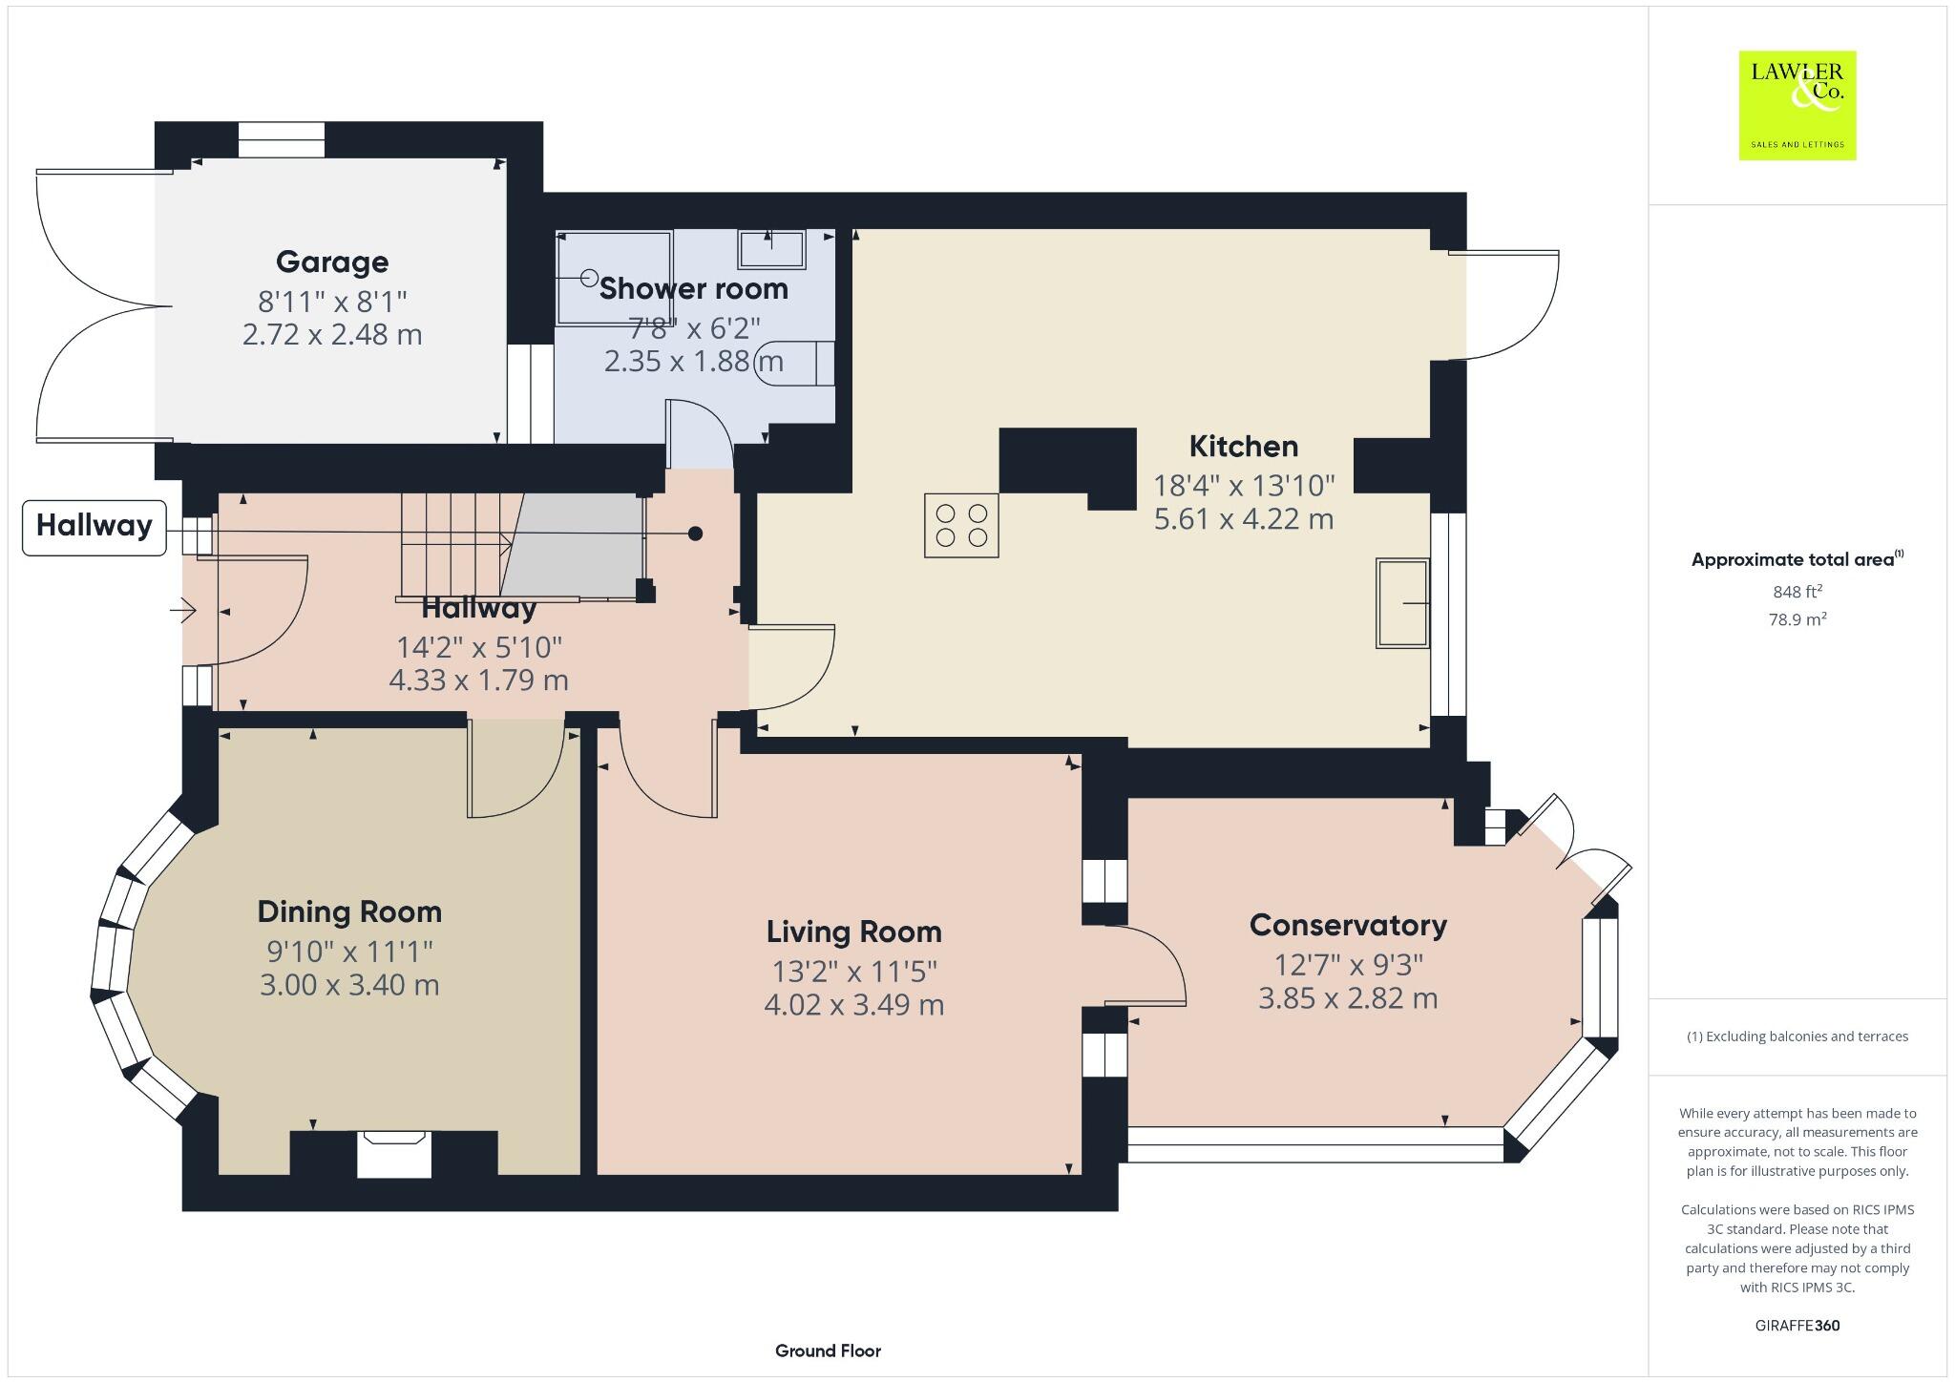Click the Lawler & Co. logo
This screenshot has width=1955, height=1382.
point(1797,105)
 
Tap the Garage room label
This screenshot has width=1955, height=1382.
point(332,262)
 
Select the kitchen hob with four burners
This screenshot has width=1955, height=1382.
point(961,525)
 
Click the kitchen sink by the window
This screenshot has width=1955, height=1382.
point(1402,603)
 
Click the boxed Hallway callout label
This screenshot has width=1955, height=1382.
point(94,526)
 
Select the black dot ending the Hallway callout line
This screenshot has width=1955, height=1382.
point(696,534)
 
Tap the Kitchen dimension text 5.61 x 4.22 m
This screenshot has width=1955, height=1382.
point(1243,519)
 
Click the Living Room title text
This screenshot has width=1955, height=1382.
point(853,932)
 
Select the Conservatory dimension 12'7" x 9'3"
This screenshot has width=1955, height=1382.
point(1348,965)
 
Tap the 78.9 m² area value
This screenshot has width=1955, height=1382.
point(1797,619)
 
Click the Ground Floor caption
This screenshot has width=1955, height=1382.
point(828,1351)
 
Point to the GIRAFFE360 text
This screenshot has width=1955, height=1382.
point(1797,1326)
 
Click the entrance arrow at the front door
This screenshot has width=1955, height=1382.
point(183,609)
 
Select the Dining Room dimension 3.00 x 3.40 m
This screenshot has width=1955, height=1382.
point(349,985)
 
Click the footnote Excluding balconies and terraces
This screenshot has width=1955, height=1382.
point(1797,1036)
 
